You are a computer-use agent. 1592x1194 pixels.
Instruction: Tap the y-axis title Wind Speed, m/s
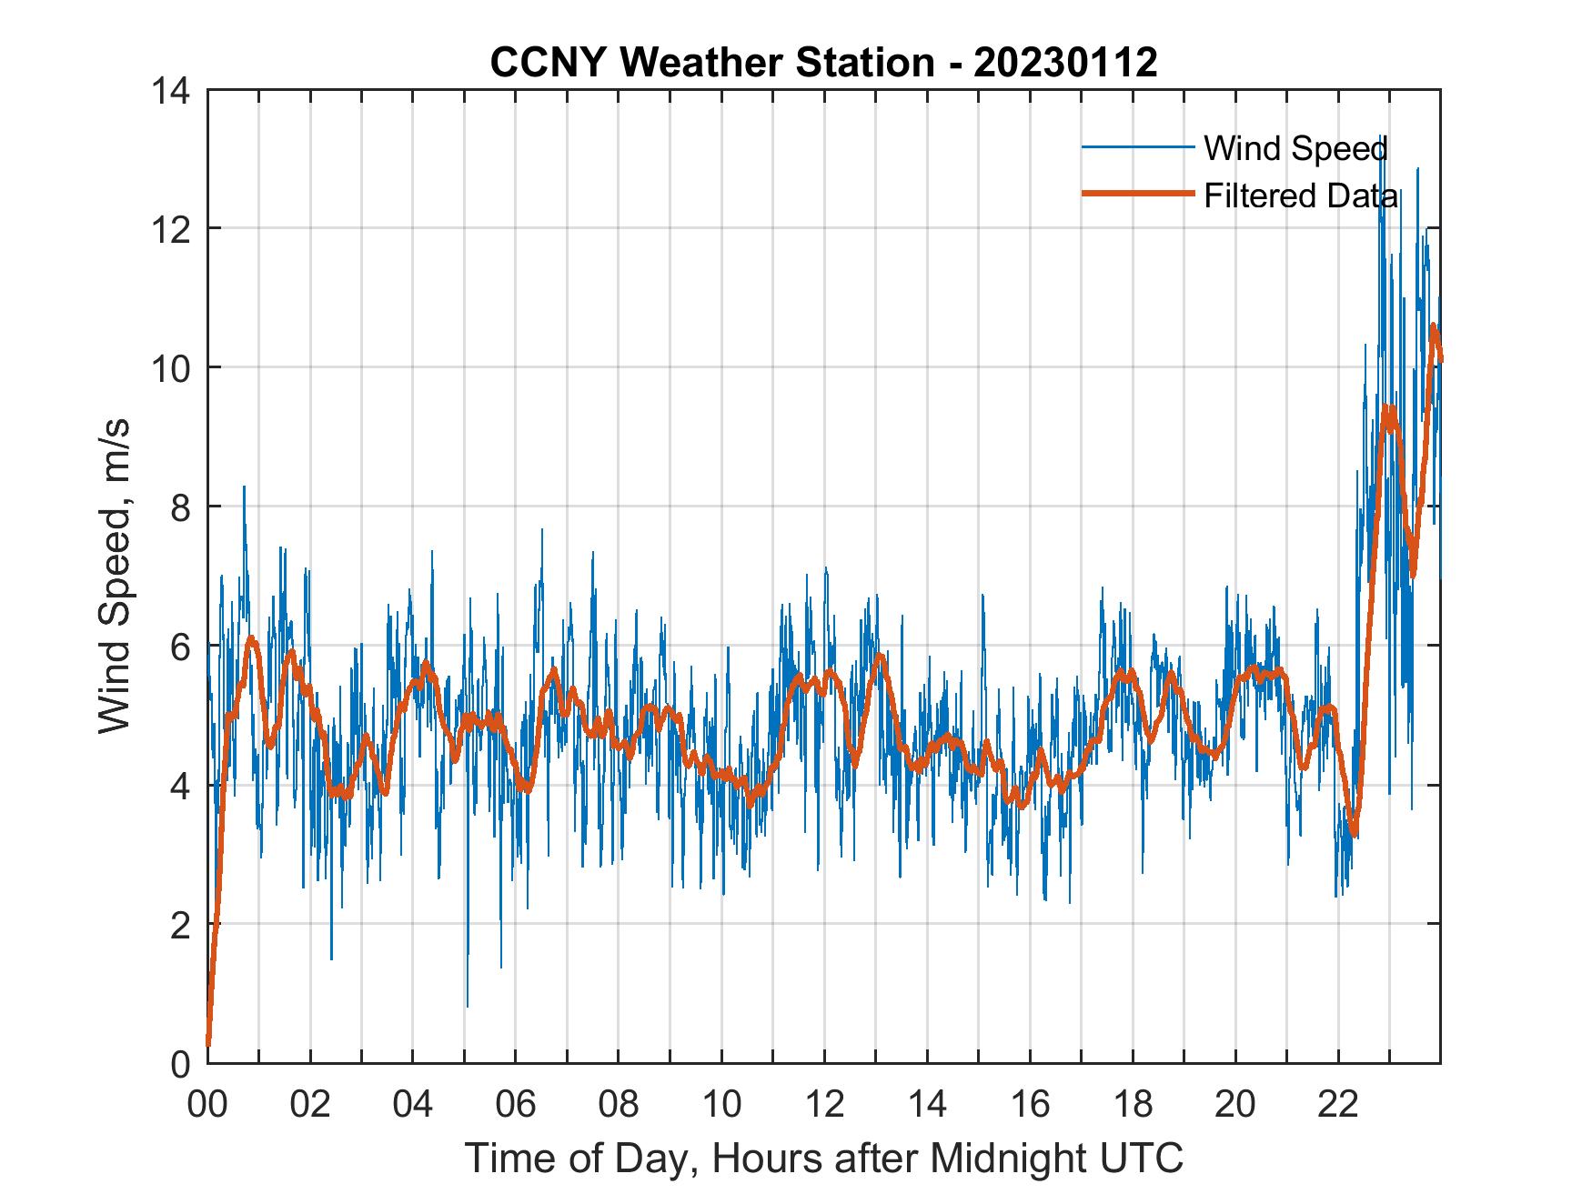115,576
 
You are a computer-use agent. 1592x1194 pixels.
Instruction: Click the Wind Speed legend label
1295,147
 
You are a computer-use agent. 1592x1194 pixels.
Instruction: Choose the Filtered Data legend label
1301,196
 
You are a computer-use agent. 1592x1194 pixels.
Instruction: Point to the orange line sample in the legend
1137,194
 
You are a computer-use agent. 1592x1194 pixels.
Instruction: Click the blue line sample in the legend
1137,146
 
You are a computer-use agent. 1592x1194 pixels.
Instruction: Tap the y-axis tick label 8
180,507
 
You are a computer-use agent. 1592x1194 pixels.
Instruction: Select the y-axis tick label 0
180,1063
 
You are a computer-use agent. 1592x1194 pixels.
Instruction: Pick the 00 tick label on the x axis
207,1104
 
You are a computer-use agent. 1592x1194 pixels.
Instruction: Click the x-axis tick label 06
516,1104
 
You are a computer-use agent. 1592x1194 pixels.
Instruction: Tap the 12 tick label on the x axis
824,1104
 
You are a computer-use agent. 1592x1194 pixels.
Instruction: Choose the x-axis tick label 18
1133,1104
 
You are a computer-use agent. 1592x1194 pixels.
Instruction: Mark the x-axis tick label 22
1338,1104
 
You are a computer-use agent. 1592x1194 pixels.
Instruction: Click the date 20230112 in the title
1065,62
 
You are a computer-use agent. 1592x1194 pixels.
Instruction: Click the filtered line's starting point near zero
208,1044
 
